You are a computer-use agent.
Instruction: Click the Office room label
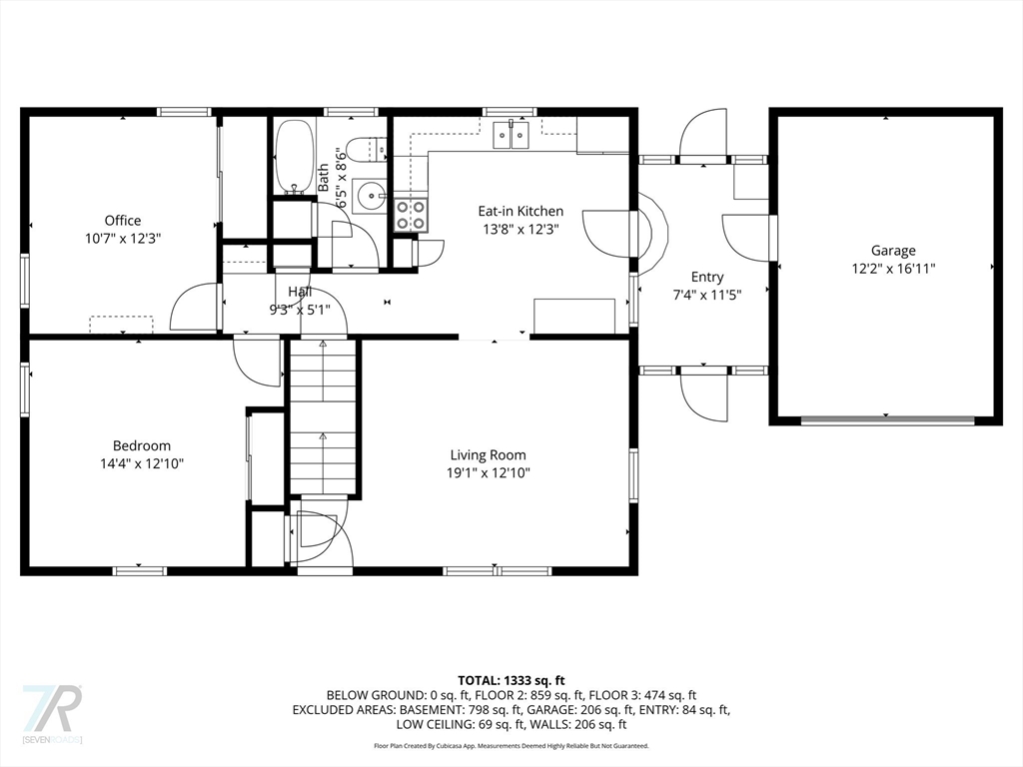coord(123,221)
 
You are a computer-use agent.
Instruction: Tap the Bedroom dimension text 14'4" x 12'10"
coord(142,463)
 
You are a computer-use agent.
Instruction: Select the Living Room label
coord(488,455)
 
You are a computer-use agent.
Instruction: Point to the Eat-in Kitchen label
coord(520,212)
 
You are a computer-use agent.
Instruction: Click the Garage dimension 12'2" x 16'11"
coord(894,268)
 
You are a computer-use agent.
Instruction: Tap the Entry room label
coord(707,278)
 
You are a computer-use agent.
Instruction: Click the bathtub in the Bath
coord(295,157)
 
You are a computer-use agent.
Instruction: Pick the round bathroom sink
coord(370,195)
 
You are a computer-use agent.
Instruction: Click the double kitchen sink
coord(511,136)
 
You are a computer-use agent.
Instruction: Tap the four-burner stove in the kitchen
coord(411,216)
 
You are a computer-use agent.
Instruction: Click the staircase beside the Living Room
coord(323,417)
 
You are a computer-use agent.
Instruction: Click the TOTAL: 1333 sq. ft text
coord(511,681)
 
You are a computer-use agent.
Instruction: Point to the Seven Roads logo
coord(52,713)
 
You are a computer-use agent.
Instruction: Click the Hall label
coord(300,293)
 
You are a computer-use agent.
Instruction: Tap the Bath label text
coord(324,178)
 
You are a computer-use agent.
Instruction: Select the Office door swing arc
coord(193,307)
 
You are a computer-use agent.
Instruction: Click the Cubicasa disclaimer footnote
coord(511,745)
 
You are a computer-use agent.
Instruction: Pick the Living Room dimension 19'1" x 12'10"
coord(488,472)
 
